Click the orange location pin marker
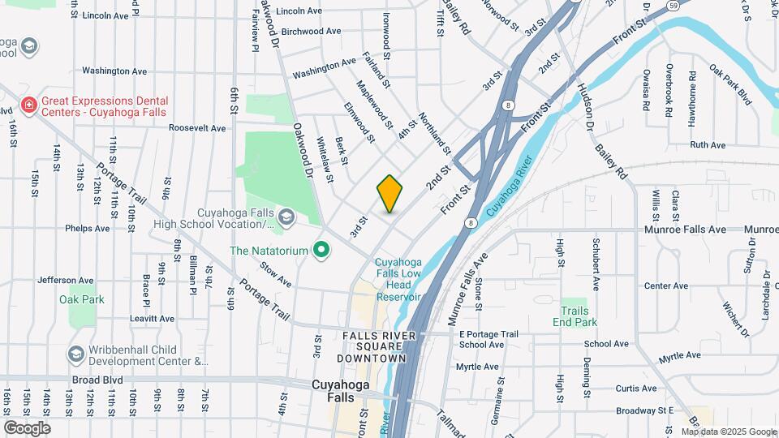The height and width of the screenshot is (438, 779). (x=390, y=193)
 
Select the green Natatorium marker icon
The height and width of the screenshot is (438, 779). (x=321, y=251)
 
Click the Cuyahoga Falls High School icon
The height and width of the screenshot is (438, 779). (x=286, y=217)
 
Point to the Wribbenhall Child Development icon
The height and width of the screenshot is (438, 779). (x=76, y=354)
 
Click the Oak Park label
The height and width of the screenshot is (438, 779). (x=81, y=299)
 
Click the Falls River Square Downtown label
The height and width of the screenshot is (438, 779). (x=385, y=346)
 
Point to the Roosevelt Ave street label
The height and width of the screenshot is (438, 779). (x=197, y=128)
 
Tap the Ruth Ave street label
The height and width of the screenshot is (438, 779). (x=707, y=145)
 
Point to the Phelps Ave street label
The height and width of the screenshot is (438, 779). (x=87, y=229)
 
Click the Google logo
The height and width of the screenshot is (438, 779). (x=27, y=427)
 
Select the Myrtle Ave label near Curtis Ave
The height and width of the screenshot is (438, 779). (x=679, y=355)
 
